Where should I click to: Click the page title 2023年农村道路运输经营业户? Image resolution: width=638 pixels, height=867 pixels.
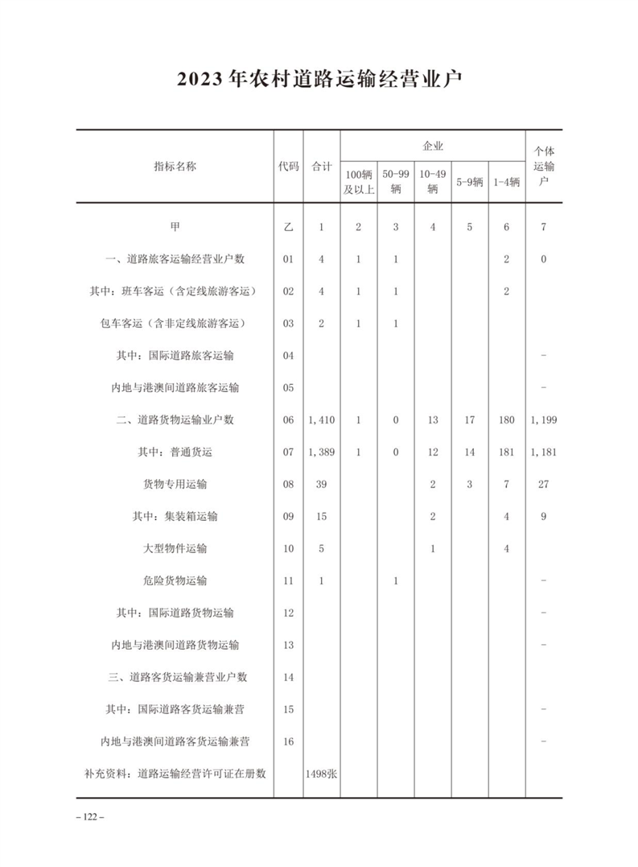319,81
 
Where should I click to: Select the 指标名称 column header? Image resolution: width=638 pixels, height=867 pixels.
175,166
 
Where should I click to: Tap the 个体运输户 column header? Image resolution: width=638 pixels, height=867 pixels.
543,166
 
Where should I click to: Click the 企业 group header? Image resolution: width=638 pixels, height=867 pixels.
433,146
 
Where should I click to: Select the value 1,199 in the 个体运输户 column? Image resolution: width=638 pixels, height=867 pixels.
543,419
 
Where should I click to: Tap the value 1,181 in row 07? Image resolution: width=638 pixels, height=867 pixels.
543,452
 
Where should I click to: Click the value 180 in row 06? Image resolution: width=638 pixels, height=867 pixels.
506,419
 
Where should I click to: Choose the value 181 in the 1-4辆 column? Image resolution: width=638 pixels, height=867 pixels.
506,452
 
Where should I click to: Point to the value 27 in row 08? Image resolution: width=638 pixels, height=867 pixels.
543,484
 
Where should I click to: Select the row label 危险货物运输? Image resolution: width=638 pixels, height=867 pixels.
175,580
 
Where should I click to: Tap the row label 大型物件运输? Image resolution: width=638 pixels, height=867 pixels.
175,548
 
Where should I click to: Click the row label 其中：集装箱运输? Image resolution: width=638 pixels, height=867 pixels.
175,516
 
